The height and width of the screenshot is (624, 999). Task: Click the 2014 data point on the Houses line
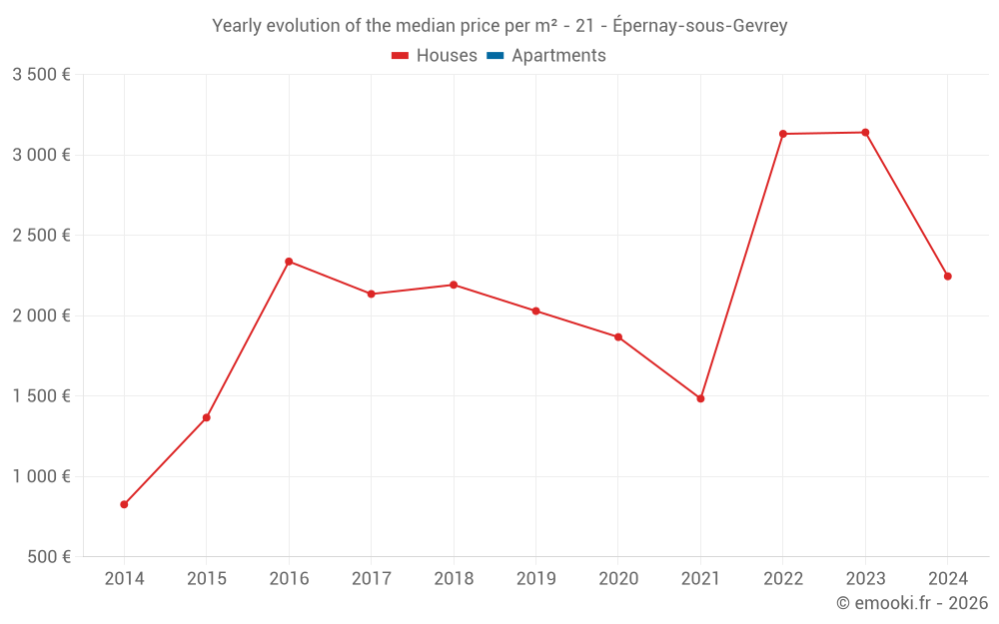coord(124,504)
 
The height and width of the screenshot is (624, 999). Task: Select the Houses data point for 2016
coord(289,262)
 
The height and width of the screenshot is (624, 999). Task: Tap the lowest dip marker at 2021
coord(700,398)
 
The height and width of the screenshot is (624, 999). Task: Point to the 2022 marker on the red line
coord(783,134)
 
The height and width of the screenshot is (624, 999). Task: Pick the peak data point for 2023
coord(865,133)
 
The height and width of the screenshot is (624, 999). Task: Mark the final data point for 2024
coord(947,277)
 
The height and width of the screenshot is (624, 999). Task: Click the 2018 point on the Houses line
coord(454,285)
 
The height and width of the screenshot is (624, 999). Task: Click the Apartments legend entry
coord(558,56)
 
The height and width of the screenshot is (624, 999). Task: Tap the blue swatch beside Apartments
coord(495,56)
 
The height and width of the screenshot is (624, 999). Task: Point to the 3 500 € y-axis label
coord(41,75)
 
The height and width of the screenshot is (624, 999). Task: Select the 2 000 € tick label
coord(41,315)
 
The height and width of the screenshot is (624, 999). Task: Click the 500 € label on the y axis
coord(48,557)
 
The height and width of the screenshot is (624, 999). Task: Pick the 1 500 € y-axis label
coord(41,396)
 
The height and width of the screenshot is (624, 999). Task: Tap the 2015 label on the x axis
coord(207,579)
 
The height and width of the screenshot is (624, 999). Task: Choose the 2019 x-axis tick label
coord(535,579)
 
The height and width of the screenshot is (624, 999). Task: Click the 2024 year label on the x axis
coord(947,579)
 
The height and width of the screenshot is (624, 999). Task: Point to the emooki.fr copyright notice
coord(912,603)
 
